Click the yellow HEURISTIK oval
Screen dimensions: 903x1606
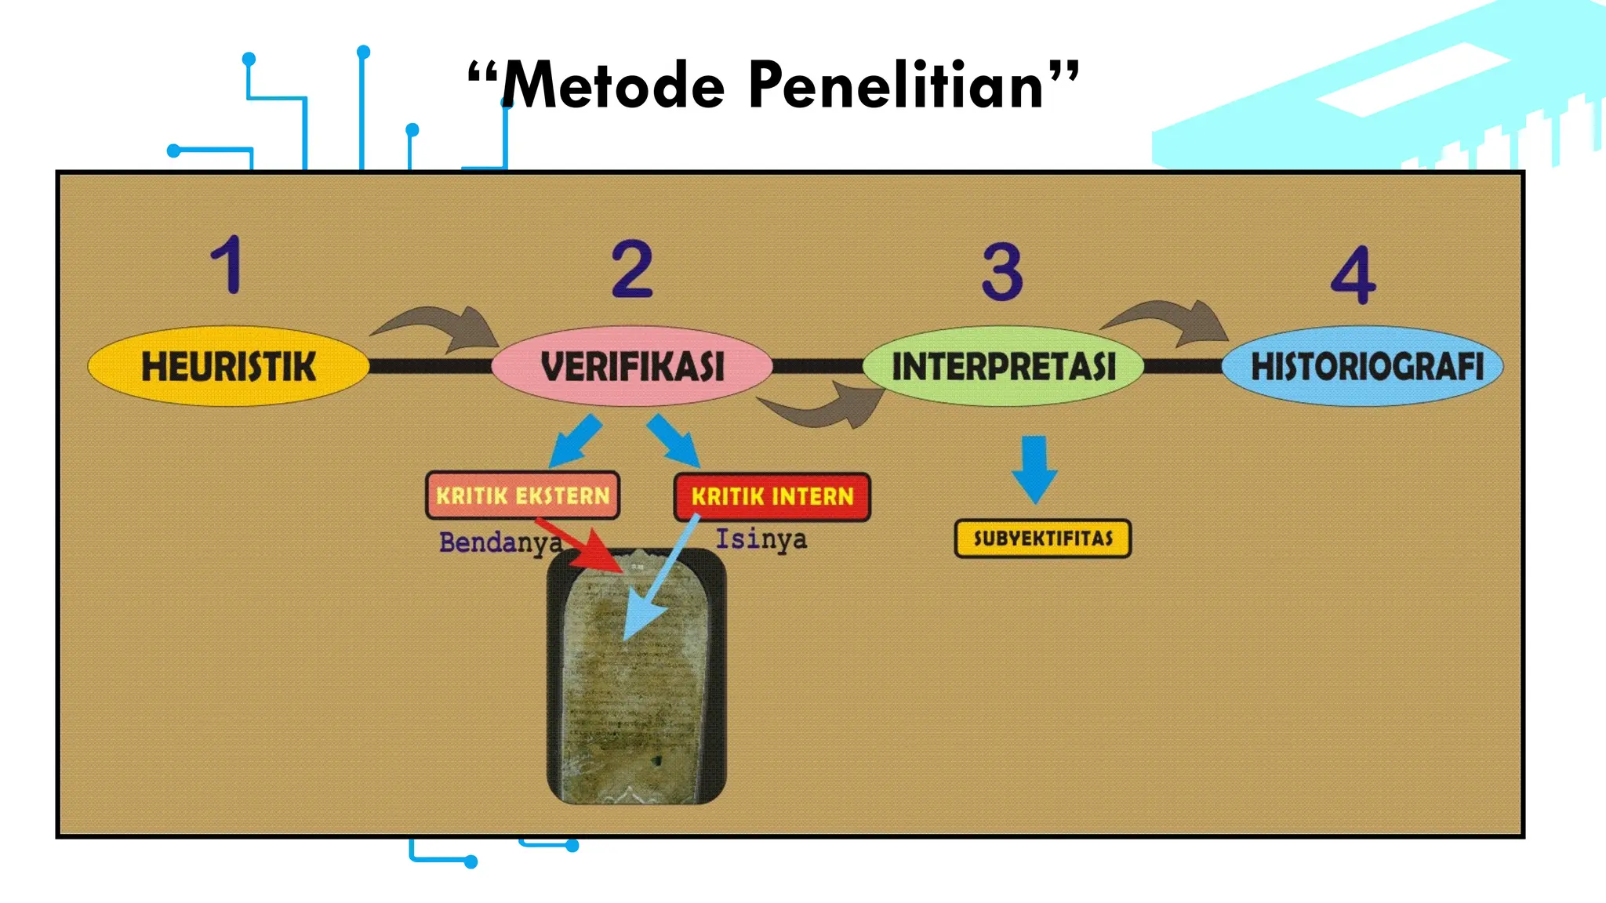[228, 366]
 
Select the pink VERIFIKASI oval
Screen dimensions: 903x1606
[632, 366]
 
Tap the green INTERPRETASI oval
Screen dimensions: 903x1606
[1003, 366]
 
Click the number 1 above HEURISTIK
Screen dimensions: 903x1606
[227, 265]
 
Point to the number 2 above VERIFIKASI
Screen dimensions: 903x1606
[632, 269]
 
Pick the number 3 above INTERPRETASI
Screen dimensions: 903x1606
[1002, 272]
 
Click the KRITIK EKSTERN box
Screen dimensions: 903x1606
[522, 495]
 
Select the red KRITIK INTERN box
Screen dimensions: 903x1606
[772, 496]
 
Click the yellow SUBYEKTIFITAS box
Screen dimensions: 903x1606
[1042, 539]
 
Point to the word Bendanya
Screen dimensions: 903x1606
[500, 542]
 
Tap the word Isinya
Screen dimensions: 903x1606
[761, 539]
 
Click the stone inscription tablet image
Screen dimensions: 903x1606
[636, 690]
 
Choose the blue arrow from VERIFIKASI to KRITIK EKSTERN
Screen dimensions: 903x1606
[576, 441]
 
